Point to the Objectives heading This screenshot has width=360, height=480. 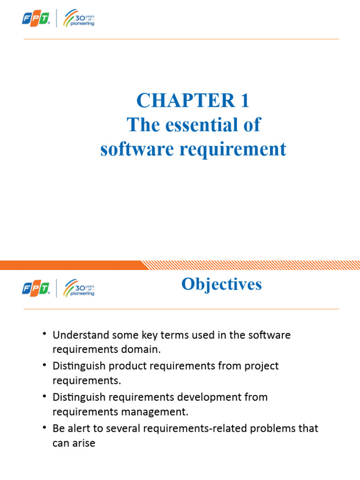coord(221,284)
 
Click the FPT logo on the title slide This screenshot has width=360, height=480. coord(36,19)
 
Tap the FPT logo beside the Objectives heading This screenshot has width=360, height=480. coord(36,288)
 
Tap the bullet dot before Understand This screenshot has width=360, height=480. coord(44,334)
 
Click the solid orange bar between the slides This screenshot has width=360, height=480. coord(70,265)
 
